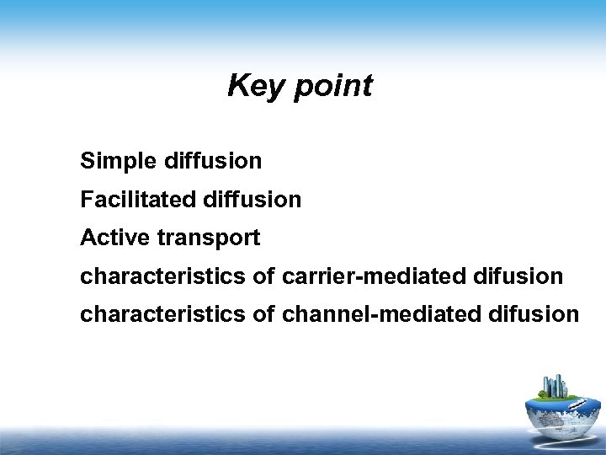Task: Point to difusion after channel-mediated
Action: click(x=533, y=314)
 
